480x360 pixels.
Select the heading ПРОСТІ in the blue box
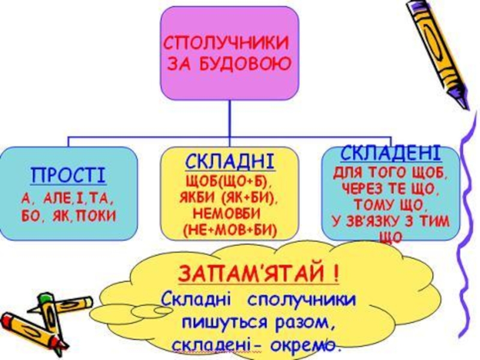(68, 176)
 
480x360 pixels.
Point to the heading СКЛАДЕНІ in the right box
(390, 152)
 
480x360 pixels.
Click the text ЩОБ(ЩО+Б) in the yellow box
(228, 181)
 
